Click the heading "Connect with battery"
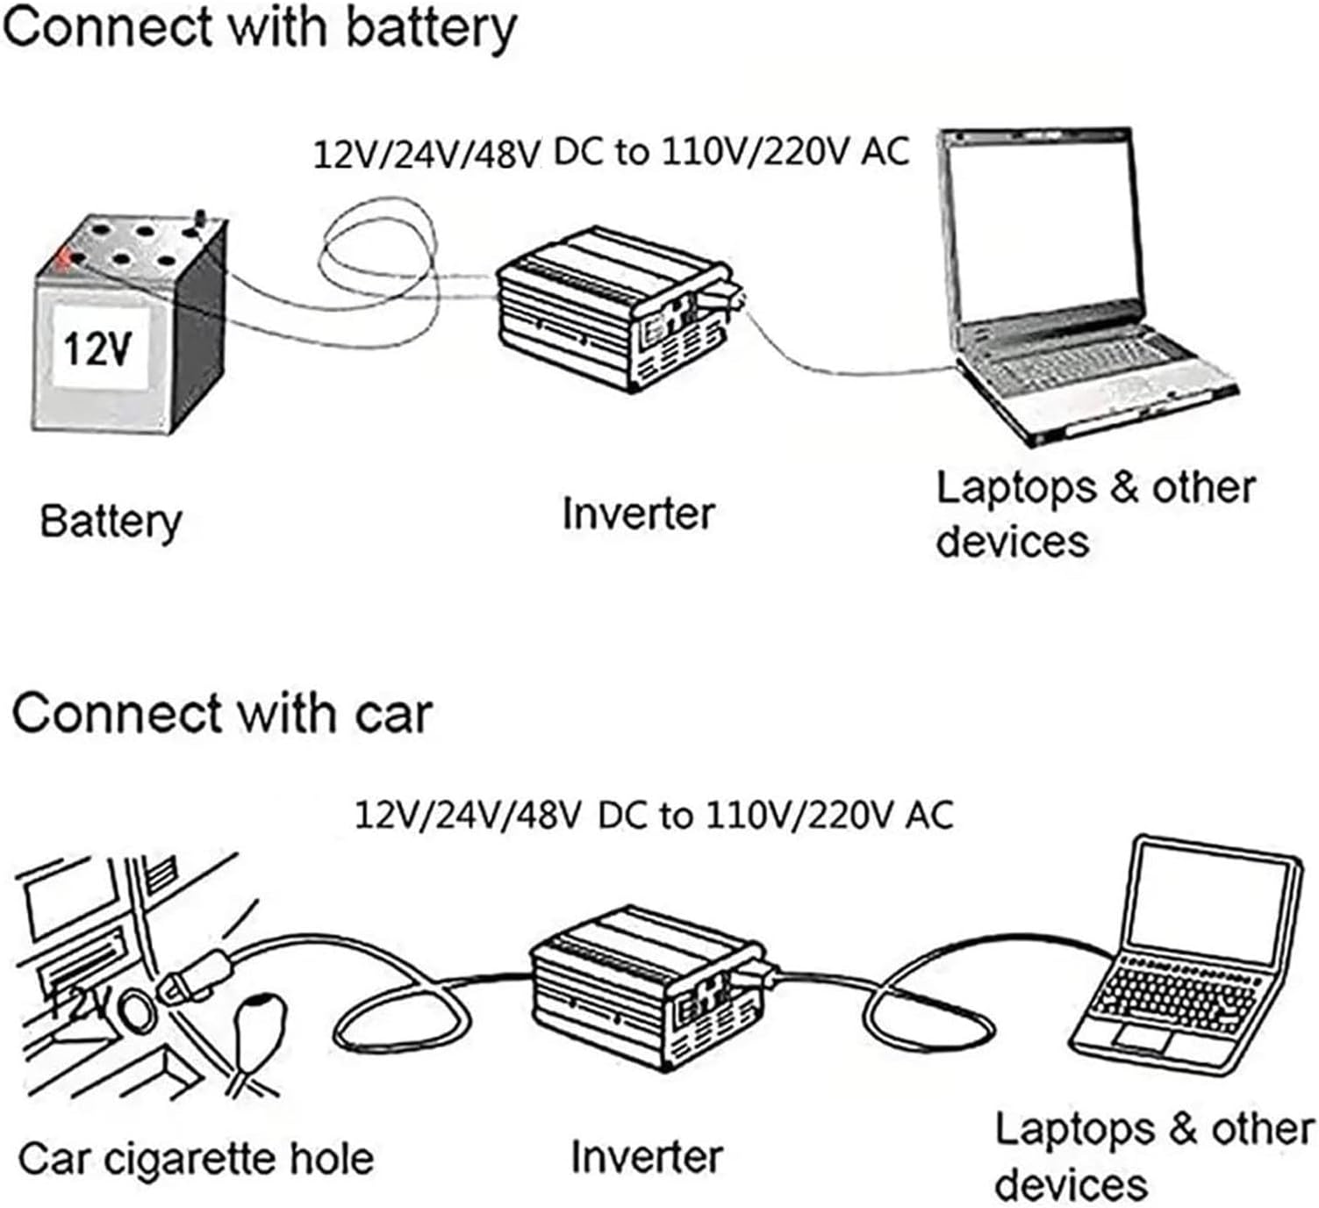click(x=259, y=28)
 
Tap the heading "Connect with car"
click(x=221, y=713)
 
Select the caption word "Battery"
click(x=111, y=521)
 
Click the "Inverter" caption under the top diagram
click(x=638, y=514)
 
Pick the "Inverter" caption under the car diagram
click(x=647, y=1157)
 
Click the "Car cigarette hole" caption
click(x=196, y=1159)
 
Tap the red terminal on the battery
click(x=62, y=259)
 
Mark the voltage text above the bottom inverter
click(x=653, y=816)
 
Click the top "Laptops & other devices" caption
click(x=1095, y=514)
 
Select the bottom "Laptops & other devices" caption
click(x=1153, y=1155)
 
